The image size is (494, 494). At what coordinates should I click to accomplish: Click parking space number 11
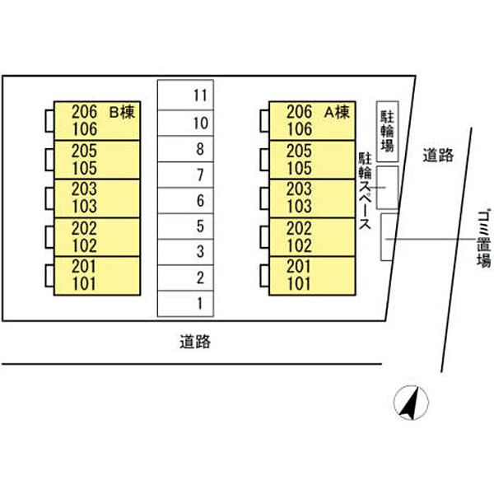pos(185,94)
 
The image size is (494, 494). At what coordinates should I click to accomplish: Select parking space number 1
pos(185,303)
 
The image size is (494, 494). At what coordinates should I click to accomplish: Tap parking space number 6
pos(185,200)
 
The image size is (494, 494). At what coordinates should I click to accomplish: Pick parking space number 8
pos(185,149)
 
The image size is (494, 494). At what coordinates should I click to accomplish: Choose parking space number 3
pos(185,251)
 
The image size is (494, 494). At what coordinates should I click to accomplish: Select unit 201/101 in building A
pos(311,276)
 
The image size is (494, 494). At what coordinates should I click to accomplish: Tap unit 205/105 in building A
pos(311,159)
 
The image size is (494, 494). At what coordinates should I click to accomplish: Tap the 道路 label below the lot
pos(195,342)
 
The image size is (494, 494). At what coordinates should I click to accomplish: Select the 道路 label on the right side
pos(438,155)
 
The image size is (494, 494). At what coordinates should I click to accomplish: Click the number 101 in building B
pos(85,285)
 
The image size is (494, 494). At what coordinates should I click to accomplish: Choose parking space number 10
pos(185,123)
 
